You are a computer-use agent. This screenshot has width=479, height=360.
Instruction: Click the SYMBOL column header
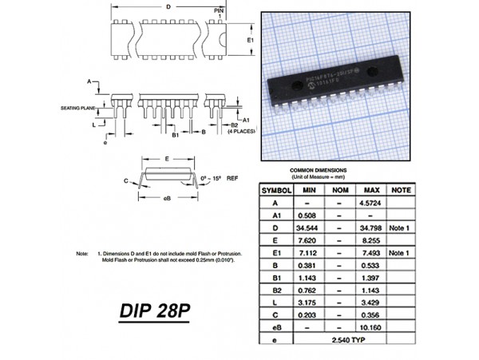(275, 190)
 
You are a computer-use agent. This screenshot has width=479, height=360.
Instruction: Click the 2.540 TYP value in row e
(340, 340)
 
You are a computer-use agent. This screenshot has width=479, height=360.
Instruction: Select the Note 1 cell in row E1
(402, 253)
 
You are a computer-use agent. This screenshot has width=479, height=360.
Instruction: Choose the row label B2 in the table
(275, 290)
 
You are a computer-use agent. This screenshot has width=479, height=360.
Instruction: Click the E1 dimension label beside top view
(250, 39)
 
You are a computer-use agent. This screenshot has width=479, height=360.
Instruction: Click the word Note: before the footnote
(82, 253)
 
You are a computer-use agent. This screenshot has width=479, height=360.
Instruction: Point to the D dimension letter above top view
(167, 6)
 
